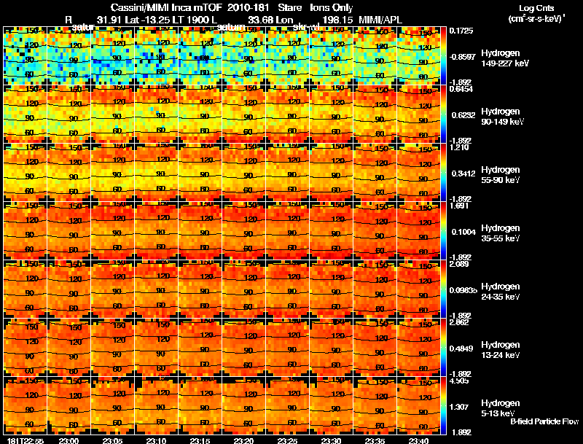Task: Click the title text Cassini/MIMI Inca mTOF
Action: pos(168,7)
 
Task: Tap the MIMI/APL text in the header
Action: pos(380,18)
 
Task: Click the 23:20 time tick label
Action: pos(243,440)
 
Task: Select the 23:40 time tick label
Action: pos(418,440)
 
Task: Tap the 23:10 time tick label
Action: pos(156,440)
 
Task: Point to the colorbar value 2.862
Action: pos(460,322)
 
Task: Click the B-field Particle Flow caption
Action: pos(544,421)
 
